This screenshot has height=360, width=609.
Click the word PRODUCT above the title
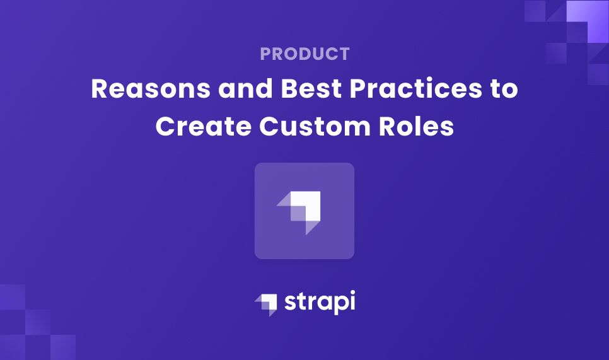[304, 54]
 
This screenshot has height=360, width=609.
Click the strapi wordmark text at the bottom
[320, 303]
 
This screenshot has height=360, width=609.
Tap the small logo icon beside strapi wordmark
[265, 303]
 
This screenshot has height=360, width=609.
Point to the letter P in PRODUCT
[265, 54]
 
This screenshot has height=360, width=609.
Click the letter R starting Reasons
[100, 90]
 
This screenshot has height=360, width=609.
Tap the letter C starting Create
[165, 126]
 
